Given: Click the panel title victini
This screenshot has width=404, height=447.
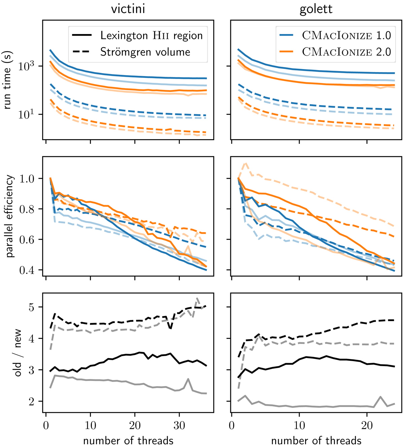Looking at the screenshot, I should tap(128, 9).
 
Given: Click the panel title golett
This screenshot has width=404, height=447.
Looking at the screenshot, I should tap(316, 9).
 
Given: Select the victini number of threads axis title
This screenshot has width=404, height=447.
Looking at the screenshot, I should tap(128, 440).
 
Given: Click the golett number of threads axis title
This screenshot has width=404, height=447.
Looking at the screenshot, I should tap(316, 440).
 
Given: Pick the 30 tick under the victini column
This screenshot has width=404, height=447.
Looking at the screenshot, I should tap(179, 425).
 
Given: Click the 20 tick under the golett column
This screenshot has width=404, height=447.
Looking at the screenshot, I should tap(367, 425).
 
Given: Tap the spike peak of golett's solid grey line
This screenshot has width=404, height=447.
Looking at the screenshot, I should tap(380, 397).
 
